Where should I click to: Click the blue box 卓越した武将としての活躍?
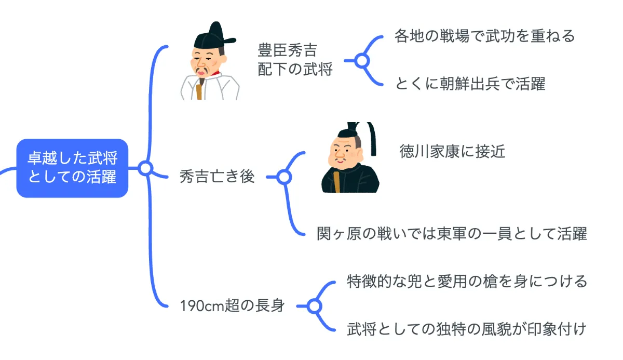tap(72, 168)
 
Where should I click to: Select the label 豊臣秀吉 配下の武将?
tap(295, 60)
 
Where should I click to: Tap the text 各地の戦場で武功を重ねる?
tap(484, 36)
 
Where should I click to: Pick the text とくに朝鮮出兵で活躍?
tap(470, 84)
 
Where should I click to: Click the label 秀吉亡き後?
tap(217, 177)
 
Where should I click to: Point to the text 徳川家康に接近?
tap(452, 151)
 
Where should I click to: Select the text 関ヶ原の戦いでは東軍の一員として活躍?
tap(452, 234)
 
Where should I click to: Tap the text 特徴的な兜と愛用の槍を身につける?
tap(467, 282)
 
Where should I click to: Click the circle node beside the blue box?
tap(146, 168)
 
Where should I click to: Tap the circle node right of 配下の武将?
tap(362, 61)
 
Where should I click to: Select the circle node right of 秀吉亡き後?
tap(283, 177)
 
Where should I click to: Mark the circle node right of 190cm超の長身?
tap(313, 306)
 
